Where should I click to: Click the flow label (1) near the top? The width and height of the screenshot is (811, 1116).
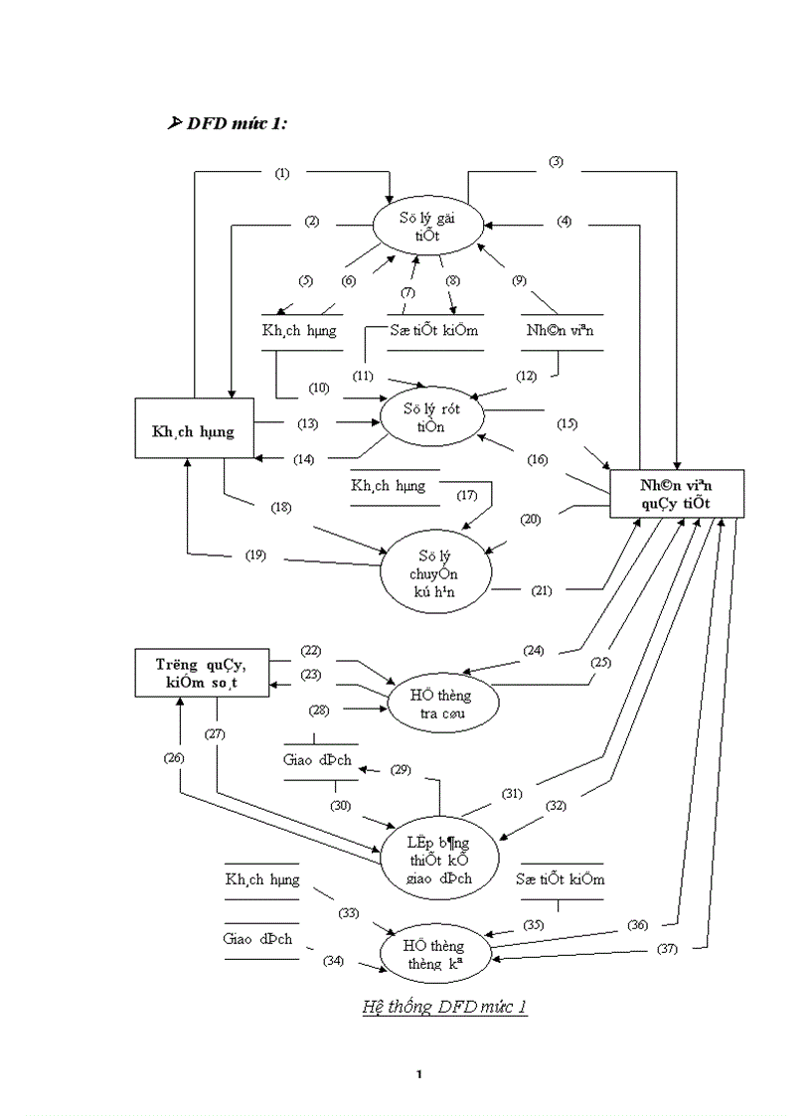click(x=282, y=173)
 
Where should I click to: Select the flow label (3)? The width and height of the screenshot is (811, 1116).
click(x=556, y=162)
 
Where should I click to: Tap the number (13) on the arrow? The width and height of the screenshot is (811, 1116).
click(x=306, y=423)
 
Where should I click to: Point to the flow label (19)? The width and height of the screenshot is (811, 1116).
click(x=256, y=555)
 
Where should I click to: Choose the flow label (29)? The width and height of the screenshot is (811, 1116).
click(x=400, y=769)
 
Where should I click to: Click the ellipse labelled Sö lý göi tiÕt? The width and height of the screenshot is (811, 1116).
click(x=428, y=225)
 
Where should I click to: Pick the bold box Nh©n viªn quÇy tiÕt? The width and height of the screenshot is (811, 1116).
click(x=676, y=493)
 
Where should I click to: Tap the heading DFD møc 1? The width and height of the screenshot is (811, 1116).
click(x=238, y=123)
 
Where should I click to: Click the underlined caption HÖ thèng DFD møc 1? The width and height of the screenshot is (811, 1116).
click(x=444, y=1008)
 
